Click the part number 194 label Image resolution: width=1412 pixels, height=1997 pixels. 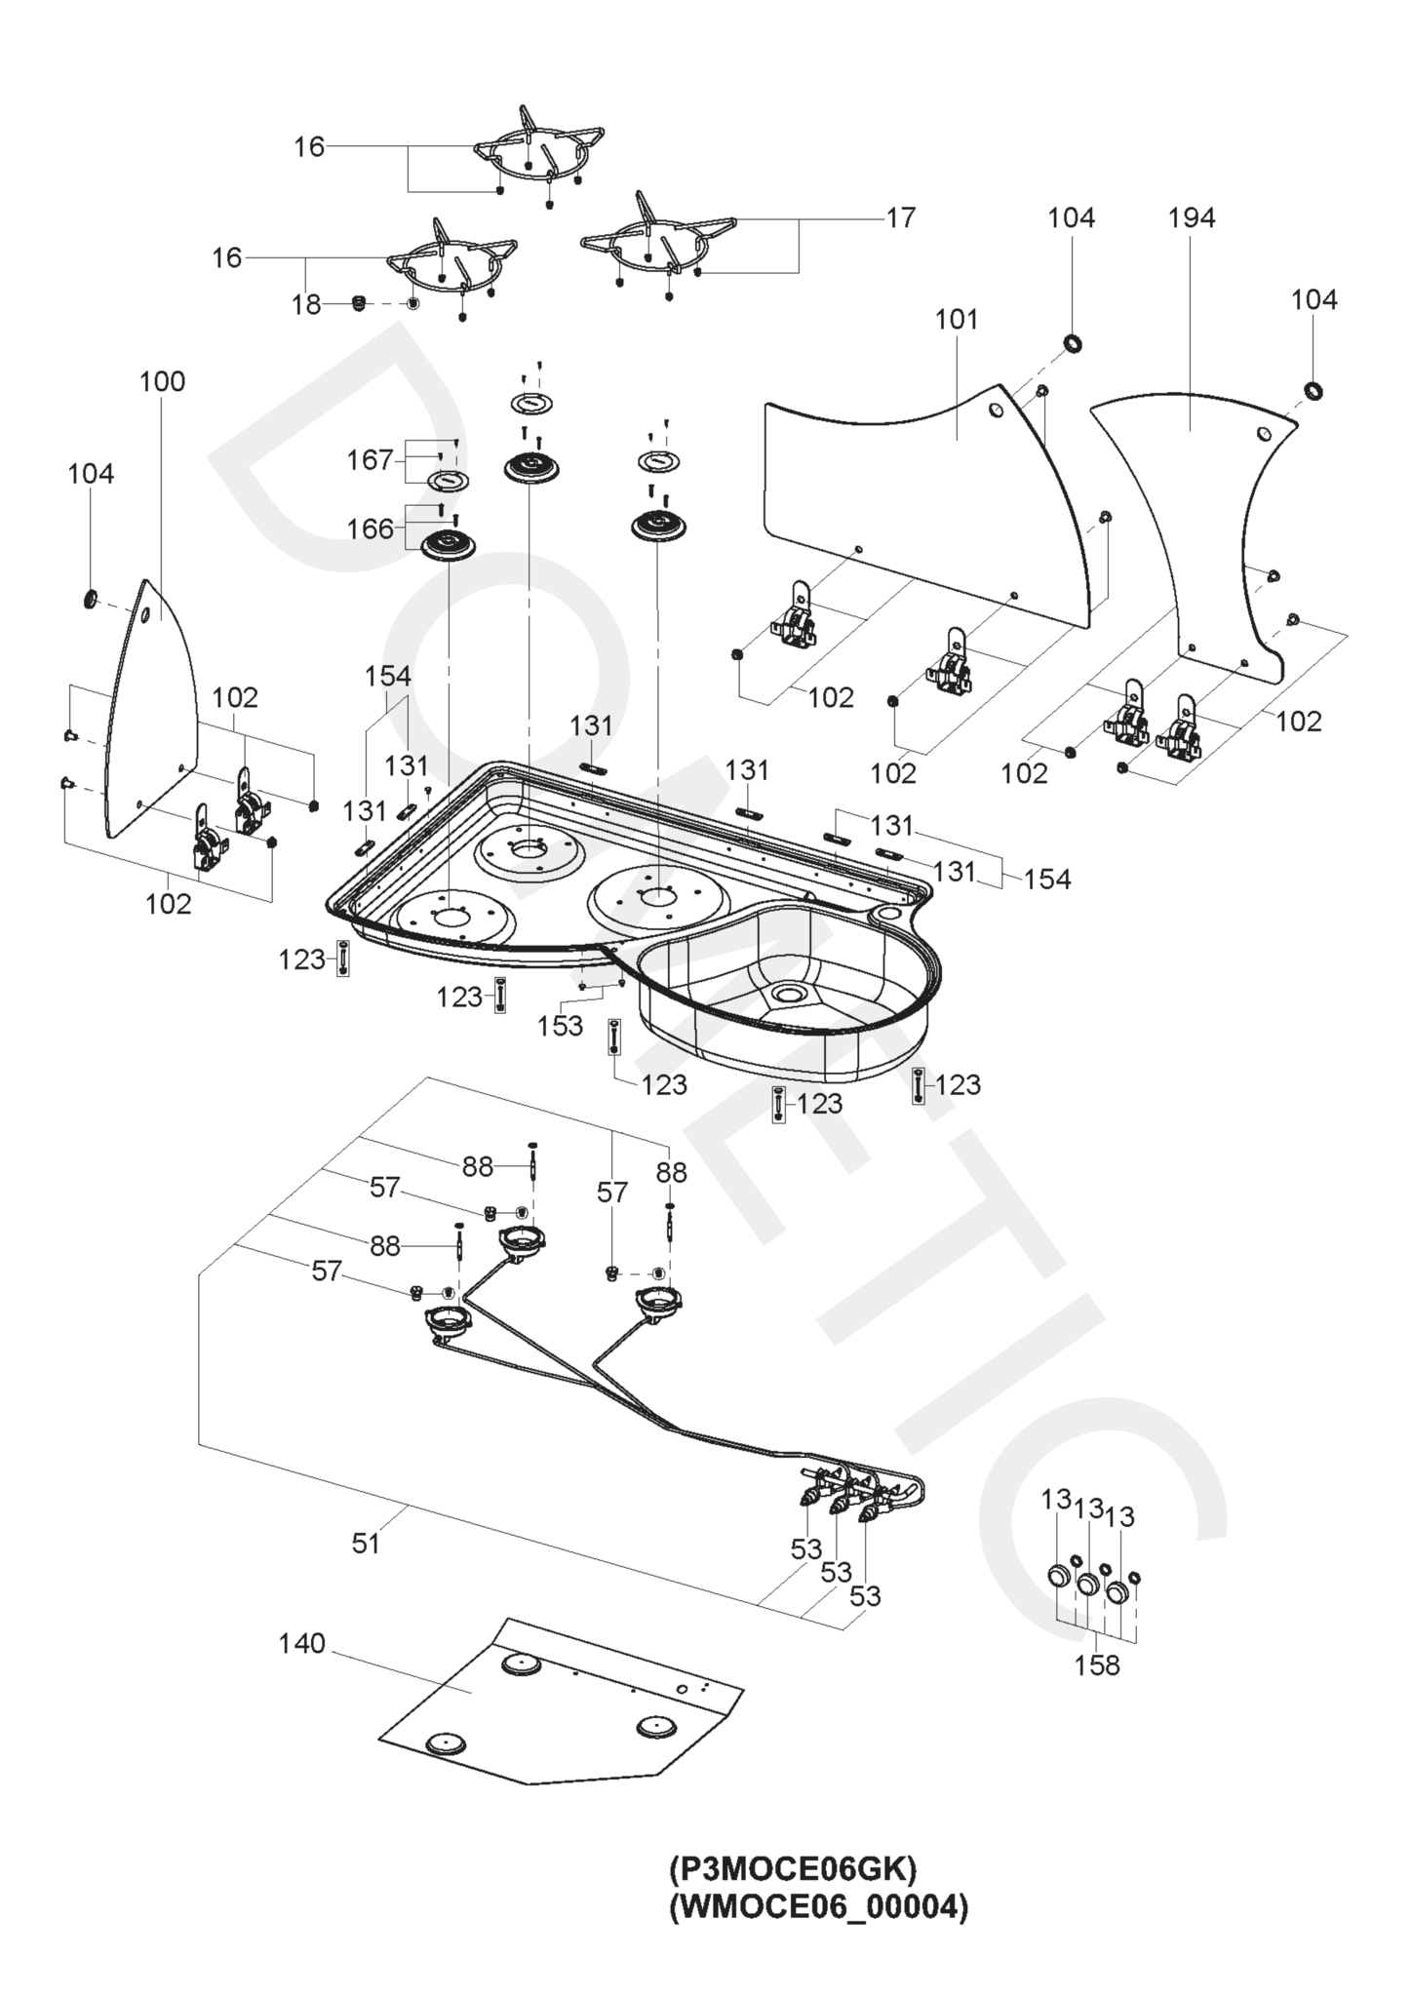tap(1191, 217)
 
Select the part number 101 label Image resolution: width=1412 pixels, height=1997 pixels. tap(956, 319)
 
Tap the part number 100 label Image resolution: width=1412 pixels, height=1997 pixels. tap(162, 381)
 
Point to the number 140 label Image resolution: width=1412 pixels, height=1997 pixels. tap(301, 1644)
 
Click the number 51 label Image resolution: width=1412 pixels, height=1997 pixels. tap(366, 1544)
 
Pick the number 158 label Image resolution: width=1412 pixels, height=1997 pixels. tap(1097, 1665)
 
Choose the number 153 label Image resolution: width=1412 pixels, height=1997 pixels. tap(561, 1026)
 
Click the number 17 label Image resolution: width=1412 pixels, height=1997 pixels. tap(900, 217)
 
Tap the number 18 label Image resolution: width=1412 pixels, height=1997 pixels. tap(306, 305)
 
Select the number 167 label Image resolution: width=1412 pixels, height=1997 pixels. tap(370, 459)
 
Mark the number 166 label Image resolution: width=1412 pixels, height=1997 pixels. tap(370, 529)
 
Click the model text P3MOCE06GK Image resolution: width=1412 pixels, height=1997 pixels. tap(793, 1870)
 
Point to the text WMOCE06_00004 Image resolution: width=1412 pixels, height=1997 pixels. tap(819, 1907)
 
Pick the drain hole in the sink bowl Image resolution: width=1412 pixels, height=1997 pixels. tap(785, 993)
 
